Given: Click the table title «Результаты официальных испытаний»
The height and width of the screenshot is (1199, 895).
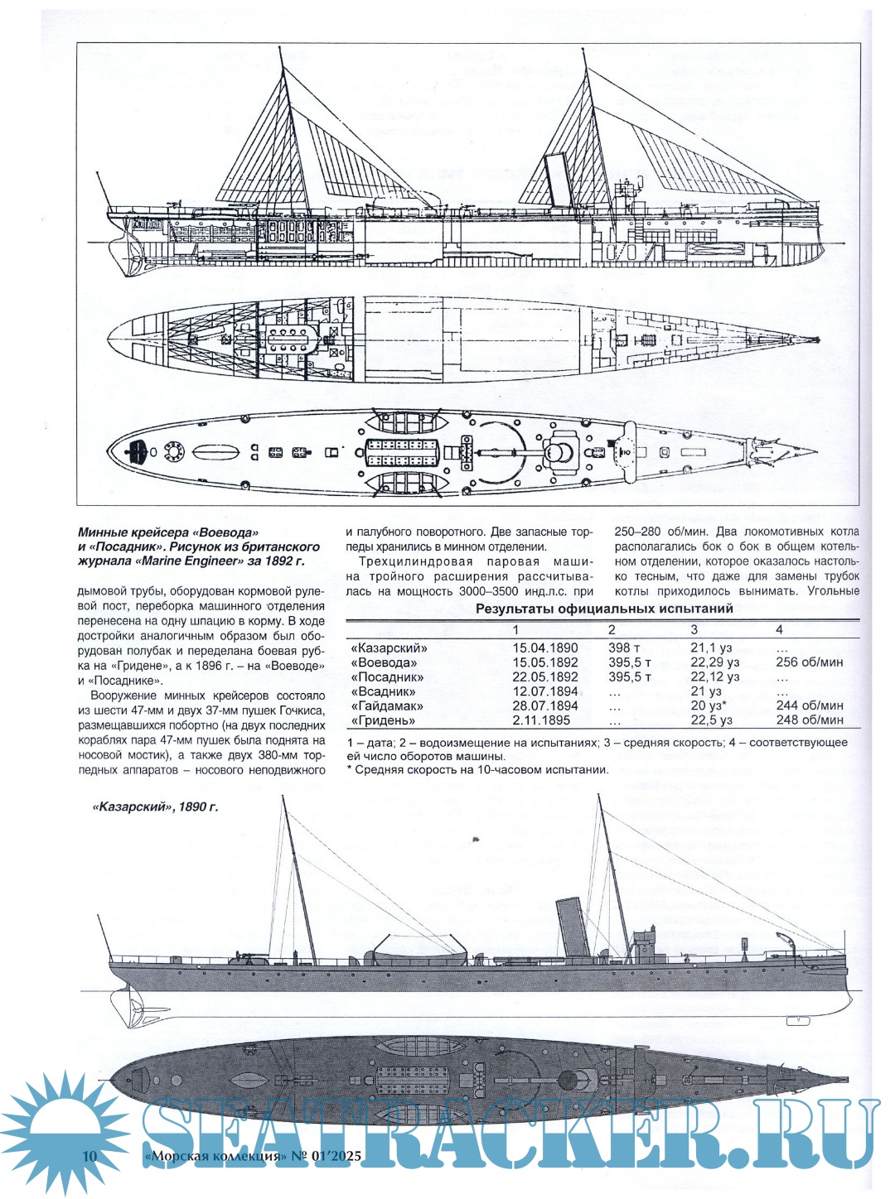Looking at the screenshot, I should (603, 609).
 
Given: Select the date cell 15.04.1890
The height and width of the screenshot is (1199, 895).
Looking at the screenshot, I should (544, 648).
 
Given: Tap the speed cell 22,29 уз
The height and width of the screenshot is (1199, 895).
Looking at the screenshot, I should (714, 662).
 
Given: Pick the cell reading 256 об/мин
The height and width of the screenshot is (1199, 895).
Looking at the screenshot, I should (809, 662).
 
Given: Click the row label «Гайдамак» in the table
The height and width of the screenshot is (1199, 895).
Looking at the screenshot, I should (386, 705).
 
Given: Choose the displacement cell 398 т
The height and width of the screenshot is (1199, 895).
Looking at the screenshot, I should (629, 648).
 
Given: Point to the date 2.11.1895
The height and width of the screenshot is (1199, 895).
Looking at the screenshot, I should (541, 720).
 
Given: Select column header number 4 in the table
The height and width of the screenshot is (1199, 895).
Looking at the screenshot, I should (779, 630).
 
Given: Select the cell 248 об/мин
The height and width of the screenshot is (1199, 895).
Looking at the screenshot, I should (809, 720).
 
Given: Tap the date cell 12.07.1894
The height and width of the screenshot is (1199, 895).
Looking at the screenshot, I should (544, 691).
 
